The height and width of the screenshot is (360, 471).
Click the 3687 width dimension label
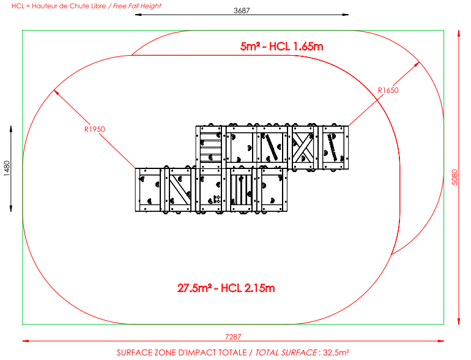242,10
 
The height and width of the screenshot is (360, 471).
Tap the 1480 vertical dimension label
7,168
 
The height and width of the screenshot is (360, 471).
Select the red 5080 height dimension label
454,178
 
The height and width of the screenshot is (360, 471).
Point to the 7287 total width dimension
233,337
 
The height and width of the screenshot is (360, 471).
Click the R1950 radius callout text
95,129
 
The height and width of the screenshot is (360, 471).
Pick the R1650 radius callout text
388,90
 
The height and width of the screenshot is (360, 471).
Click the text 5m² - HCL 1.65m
282,47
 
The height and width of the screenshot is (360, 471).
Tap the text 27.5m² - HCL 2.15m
226,288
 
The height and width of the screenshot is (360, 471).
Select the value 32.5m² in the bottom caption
336,353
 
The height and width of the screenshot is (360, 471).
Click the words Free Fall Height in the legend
137,6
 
